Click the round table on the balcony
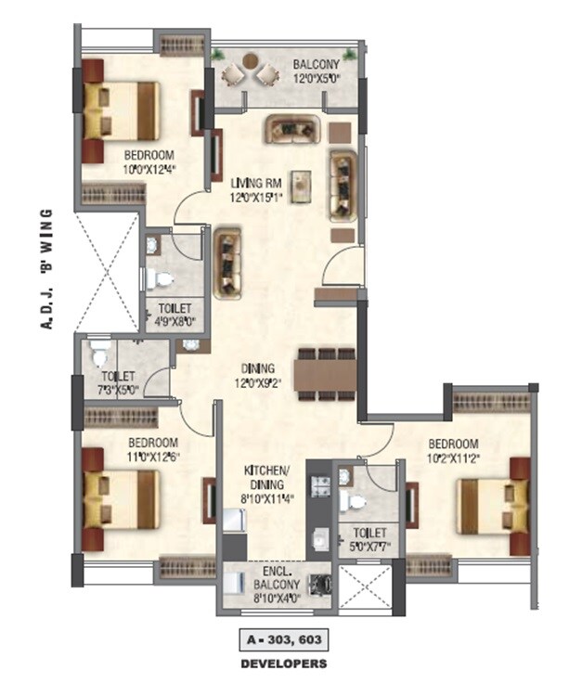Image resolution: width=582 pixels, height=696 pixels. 252,61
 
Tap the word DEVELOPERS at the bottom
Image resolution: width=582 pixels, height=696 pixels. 283,664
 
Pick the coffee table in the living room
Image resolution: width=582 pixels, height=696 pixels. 300,186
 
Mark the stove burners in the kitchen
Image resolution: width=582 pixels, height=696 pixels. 320,485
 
